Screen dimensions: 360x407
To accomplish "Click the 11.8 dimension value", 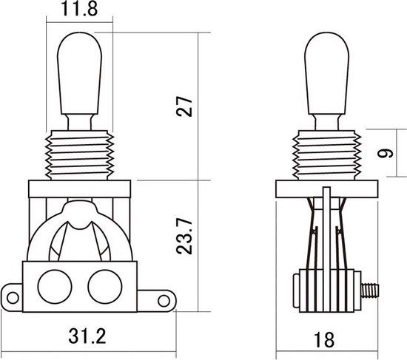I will coord(77,10).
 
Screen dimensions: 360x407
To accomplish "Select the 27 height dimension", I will coord(185,106).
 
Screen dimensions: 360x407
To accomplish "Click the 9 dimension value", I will coord(382,154).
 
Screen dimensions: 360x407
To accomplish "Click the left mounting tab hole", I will coord(13,298).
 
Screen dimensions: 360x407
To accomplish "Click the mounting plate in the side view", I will coord(326,189).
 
